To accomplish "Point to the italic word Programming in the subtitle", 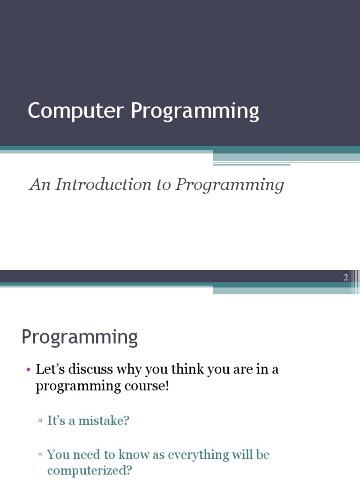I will (x=230, y=185).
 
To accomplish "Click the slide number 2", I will (x=346, y=277).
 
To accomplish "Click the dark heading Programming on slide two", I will (x=80, y=337).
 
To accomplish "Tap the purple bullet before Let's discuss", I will (x=28, y=370).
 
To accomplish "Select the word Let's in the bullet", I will (x=51, y=369).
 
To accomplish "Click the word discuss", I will (x=90, y=369).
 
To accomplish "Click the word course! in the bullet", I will (x=148, y=387).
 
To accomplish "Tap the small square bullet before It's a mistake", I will (x=40, y=421).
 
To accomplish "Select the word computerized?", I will (x=90, y=471).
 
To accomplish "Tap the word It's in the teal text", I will (x=56, y=420).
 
